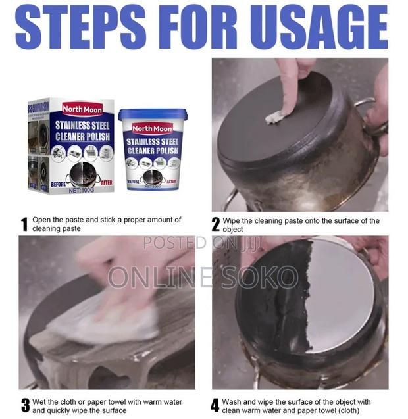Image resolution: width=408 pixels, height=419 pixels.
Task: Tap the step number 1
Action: click(24, 225)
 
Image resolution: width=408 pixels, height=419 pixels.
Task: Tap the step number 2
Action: click(215, 225)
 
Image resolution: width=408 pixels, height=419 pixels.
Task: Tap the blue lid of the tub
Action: click(152, 114)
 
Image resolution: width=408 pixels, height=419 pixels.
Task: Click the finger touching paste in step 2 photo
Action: click(290, 99)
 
